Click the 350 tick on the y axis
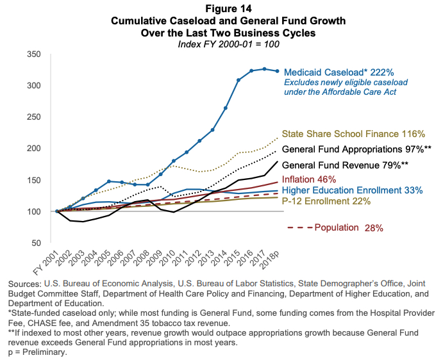click(x=35, y=54)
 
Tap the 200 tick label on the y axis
click(x=35, y=149)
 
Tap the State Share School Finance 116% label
click(x=353, y=135)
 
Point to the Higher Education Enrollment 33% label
click(x=352, y=190)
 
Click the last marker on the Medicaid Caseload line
click(x=277, y=71)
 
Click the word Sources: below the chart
click(x=22, y=283)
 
